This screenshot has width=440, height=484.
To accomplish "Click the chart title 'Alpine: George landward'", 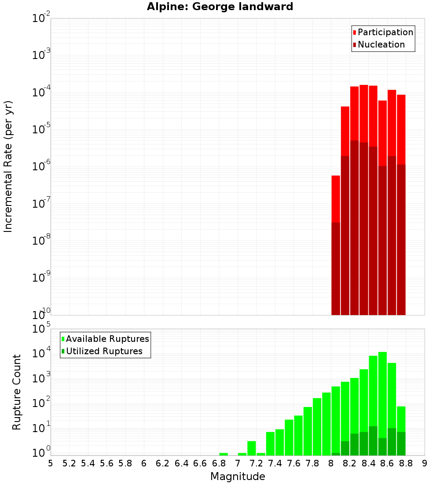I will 220,7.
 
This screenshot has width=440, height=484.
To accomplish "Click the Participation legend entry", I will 383,32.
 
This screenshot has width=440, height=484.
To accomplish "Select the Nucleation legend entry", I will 378,44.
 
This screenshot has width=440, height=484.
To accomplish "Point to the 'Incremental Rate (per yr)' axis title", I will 8,166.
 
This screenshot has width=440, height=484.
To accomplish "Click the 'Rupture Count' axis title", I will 17,392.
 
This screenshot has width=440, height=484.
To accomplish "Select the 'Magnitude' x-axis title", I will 238,477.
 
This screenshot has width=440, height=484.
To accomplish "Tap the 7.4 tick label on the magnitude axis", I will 275,463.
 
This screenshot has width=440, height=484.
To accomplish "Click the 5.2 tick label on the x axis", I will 70,463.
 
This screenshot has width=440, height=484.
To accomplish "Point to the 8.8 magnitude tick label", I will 406,463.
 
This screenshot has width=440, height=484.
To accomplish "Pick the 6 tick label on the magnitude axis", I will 144,463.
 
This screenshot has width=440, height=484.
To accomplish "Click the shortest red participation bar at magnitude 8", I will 336,198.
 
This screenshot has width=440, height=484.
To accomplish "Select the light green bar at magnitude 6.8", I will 224,454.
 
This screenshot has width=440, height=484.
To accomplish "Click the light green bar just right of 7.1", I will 252,448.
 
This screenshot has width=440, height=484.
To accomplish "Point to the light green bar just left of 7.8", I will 308,431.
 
